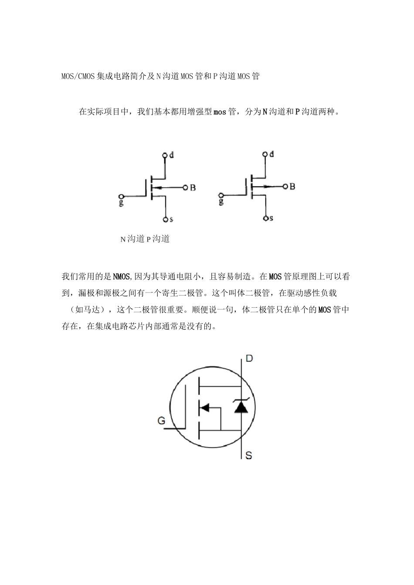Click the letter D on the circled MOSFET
click(249, 359)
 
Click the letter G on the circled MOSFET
click(161, 420)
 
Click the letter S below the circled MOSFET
click(249, 456)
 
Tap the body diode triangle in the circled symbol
click(241, 407)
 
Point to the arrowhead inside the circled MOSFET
click(204, 408)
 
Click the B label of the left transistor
click(193, 188)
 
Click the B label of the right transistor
click(292, 187)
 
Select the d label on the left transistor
click(172, 155)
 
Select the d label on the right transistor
click(271, 154)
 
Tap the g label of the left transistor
click(121, 202)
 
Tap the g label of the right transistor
click(221, 201)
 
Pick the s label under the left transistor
click(171, 220)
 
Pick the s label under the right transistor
click(271, 218)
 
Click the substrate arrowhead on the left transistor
click(158, 188)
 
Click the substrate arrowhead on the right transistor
click(266, 187)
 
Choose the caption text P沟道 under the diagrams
click(158, 239)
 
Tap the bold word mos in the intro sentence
click(220, 112)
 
